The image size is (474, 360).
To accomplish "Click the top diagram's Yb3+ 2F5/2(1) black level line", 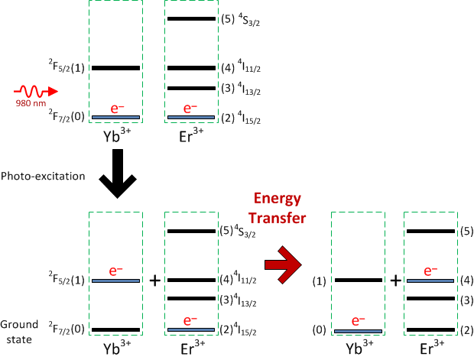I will (x=115, y=68).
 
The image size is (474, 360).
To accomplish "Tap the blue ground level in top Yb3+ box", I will (x=115, y=117).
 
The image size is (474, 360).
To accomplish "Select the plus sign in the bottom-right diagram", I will (x=395, y=281).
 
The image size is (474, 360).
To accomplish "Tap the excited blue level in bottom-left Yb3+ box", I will (x=115, y=281).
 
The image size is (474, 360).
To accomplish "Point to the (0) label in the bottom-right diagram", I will (x=320, y=331).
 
